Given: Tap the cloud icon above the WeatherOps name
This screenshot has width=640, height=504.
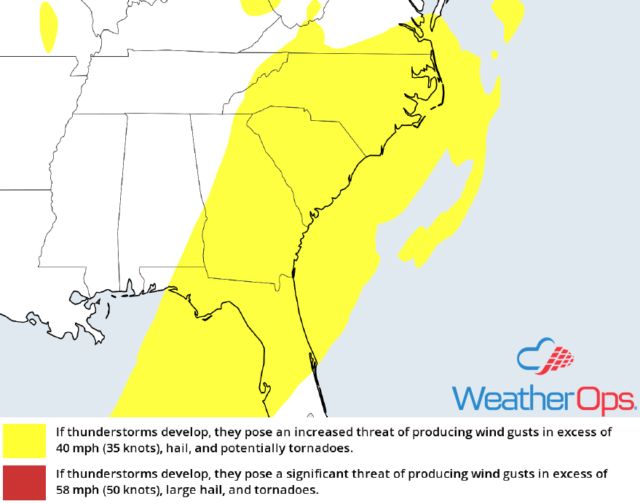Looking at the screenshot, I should (x=545, y=358).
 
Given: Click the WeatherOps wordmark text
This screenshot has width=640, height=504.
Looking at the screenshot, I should (x=544, y=398).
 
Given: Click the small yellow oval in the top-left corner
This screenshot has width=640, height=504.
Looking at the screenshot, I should (x=49, y=26).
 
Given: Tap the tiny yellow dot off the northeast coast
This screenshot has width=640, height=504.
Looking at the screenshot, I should (x=494, y=55).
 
